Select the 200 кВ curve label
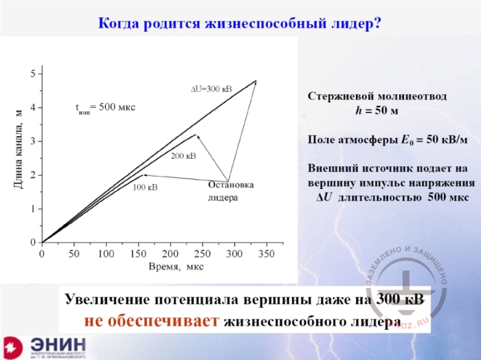(x=183, y=156)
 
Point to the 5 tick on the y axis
(x=32, y=74)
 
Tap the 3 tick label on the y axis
(x=32, y=141)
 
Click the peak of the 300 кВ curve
(x=256, y=80)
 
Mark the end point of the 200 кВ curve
(x=196, y=134)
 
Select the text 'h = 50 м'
(x=377, y=110)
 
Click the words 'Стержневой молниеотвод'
(x=377, y=97)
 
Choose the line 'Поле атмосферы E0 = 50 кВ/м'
(x=388, y=139)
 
